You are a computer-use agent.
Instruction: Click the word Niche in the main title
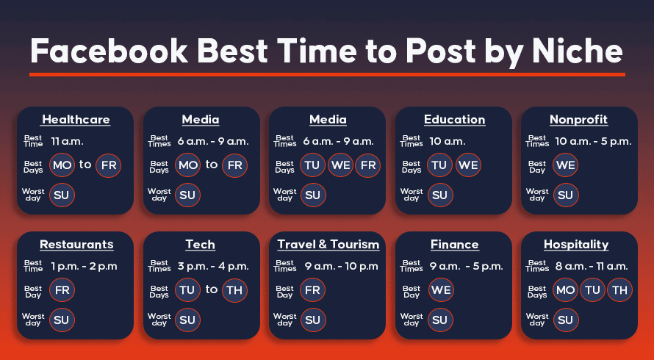578,51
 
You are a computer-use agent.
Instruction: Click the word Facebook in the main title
109,51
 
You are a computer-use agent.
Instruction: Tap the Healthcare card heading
76,120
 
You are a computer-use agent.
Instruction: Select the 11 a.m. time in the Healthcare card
67,141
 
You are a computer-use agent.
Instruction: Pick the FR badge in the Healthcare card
109,165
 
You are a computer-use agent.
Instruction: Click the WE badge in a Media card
341,165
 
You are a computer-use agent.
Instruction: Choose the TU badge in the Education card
439,165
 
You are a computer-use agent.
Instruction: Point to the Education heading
455,120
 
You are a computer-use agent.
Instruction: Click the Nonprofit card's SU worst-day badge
566,195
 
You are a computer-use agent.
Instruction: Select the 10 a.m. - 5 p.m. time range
593,141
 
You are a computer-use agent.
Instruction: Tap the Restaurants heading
76,245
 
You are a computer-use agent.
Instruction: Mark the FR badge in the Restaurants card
62,290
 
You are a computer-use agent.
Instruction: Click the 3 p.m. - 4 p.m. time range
213,266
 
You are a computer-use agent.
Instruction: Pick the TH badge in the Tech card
234,290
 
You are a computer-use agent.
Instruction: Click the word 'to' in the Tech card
212,289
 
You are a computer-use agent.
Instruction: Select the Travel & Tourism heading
328,245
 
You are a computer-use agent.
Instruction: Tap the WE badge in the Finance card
441,290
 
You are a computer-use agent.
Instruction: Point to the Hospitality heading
576,245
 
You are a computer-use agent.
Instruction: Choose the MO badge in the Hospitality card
566,290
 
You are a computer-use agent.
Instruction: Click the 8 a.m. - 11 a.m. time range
592,266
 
